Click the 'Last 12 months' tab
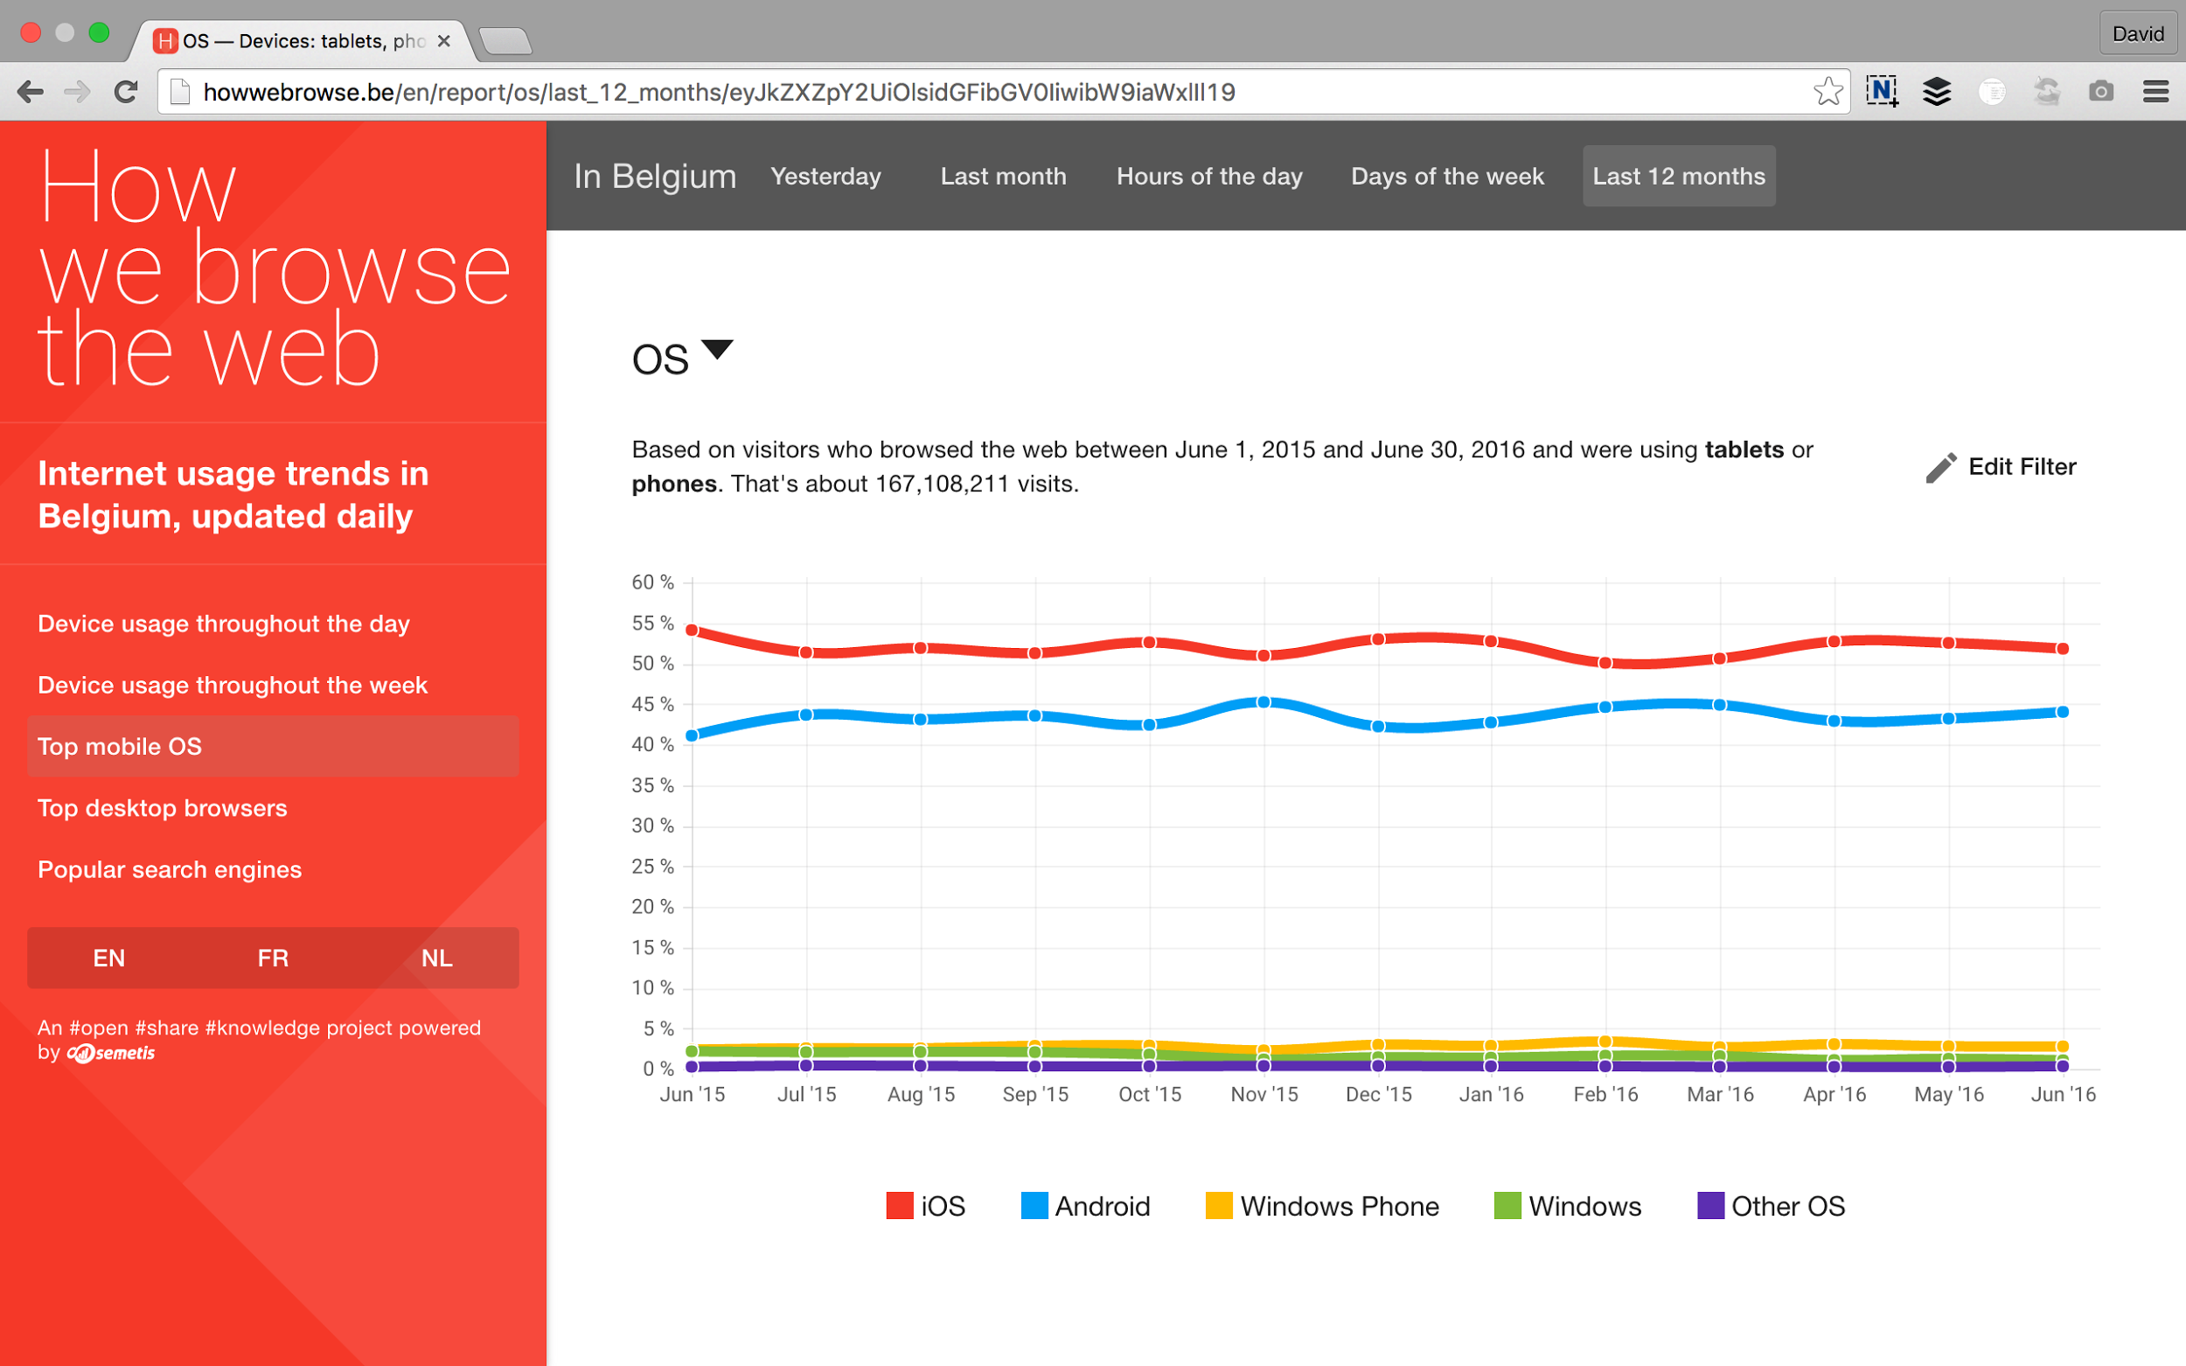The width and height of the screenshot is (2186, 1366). tap(1678, 176)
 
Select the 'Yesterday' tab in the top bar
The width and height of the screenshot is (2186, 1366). tap(825, 176)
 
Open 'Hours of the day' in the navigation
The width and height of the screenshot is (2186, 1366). tap(1208, 176)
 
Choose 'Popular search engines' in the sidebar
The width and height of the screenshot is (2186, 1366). tap(170, 869)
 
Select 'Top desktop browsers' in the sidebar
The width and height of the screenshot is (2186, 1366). tap(163, 808)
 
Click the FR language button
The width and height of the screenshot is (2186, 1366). tap(273, 958)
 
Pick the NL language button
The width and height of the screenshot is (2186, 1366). tap(437, 958)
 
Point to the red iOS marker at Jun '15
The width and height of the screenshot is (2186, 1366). tap(693, 630)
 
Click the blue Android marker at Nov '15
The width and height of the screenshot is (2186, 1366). tap(1264, 702)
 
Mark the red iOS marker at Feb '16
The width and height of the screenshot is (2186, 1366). tap(1605, 663)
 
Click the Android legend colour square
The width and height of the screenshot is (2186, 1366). tap(1034, 1205)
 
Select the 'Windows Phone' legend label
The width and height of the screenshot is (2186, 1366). tap(1339, 1206)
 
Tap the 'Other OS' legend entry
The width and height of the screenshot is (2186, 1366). tap(1786, 1206)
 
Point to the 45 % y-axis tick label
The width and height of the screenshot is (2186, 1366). tap(652, 704)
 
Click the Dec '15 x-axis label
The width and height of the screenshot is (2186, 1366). tap(1378, 1094)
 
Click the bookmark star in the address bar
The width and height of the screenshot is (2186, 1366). tap(1827, 91)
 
